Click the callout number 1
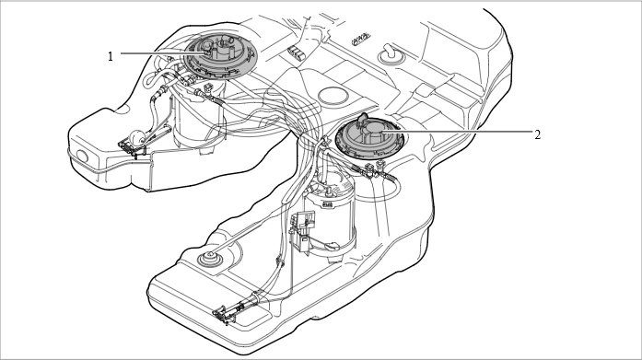point(111,56)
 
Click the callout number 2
point(537,134)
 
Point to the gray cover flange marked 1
point(221,57)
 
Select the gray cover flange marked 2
point(369,138)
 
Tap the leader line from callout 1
point(163,53)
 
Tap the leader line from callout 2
point(455,132)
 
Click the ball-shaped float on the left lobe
point(136,136)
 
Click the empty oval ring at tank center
point(333,95)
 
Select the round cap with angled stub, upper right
point(391,54)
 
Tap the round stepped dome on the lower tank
point(210,258)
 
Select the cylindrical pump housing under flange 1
point(199,122)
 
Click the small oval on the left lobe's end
point(82,157)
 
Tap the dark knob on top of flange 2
point(363,119)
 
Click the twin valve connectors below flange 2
point(377,168)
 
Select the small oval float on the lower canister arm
point(333,246)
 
